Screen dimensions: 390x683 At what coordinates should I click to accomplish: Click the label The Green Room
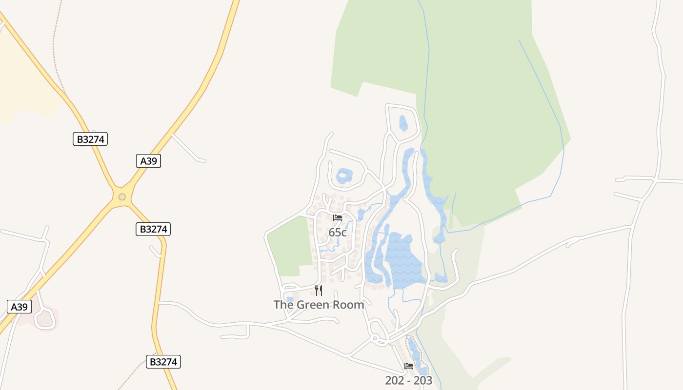pos(319,305)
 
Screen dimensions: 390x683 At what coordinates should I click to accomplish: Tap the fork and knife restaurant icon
pos(319,291)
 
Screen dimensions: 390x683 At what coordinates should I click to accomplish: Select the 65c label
pos(338,233)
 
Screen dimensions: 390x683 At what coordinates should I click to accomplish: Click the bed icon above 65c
pos(338,218)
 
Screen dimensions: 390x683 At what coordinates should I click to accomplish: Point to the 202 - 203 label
pos(408,381)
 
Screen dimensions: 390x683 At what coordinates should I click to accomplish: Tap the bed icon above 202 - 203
pos(409,366)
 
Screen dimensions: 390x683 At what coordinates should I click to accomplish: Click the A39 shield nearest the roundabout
pos(148,161)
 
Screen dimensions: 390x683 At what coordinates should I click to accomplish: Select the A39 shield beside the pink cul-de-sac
pos(20,307)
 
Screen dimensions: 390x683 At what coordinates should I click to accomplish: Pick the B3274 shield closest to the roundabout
pos(153,229)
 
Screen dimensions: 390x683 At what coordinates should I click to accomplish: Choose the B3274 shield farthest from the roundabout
pos(163,362)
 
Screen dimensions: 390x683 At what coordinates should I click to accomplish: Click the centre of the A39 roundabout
pos(122,197)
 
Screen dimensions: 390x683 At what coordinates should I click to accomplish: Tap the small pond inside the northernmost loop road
pos(403,123)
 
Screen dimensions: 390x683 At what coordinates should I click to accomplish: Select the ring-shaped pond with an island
pos(344,175)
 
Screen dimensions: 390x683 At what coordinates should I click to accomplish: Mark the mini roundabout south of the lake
pos(375,338)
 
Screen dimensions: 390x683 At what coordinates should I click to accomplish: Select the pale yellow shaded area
pos(24,78)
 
